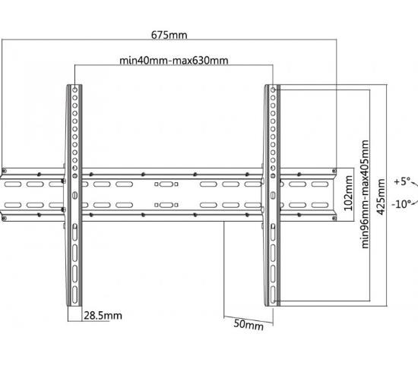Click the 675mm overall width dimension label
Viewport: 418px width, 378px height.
(x=169, y=35)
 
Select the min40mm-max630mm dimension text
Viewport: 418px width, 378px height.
(x=173, y=61)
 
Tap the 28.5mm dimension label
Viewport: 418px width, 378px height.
(x=103, y=316)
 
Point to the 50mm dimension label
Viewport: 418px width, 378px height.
(x=249, y=325)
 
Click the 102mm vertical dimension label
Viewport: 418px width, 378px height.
(x=348, y=194)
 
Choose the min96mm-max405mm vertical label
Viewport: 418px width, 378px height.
(x=365, y=194)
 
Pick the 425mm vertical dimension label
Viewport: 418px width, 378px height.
(x=381, y=197)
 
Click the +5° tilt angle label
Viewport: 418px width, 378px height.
(x=402, y=181)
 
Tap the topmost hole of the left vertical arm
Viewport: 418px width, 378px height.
(x=75, y=90)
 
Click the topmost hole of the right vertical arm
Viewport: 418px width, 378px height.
(x=273, y=90)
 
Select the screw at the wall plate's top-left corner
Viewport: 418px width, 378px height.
(x=4, y=171)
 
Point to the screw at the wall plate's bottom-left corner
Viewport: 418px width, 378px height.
(x=4, y=219)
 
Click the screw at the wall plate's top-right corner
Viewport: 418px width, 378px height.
(x=334, y=171)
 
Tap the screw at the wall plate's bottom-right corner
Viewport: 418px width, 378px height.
(x=334, y=219)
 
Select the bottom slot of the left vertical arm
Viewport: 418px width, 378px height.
(x=75, y=295)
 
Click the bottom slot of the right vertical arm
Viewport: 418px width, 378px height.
(x=273, y=295)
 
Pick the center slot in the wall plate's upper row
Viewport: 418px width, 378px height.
(x=166, y=184)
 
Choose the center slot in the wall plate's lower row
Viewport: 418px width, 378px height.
(x=166, y=205)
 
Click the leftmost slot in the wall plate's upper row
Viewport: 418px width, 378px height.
(x=13, y=184)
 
